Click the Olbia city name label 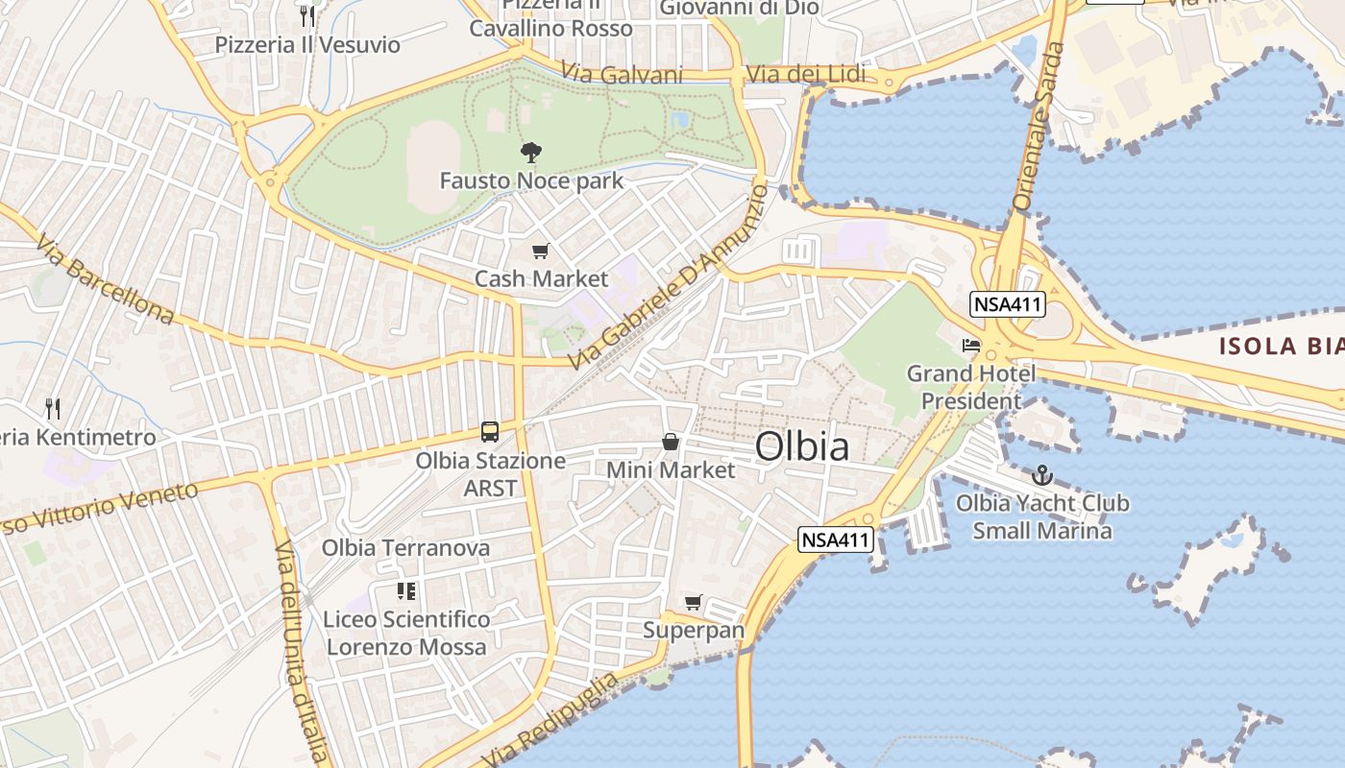(802, 446)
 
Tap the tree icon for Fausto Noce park (529, 152)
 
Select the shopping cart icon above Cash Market (540, 252)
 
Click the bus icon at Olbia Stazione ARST (490, 431)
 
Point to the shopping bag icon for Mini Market (671, 442)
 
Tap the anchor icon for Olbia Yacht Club (1041, 474)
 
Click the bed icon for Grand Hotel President (971, 345)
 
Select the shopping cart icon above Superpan (694, 603)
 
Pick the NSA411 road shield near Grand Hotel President (1007, 305)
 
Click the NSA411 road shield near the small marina (836, 540)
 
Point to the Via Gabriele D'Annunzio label (669, 277)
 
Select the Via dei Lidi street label (805, 74)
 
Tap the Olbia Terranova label (405, 548)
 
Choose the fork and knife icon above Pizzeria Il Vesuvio (307, 15)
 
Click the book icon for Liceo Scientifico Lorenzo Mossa (405, 591)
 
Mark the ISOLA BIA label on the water (1282, 347)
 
